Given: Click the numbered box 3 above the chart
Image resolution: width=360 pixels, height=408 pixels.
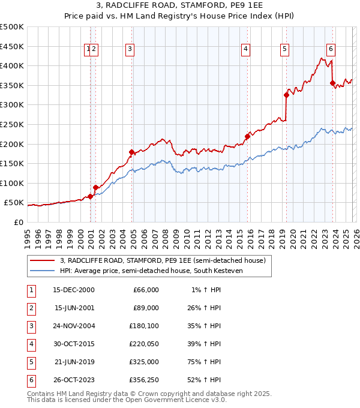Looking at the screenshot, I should tap(130, 50).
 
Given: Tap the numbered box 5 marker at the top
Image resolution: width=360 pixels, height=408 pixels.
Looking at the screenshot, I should tap(284, 50).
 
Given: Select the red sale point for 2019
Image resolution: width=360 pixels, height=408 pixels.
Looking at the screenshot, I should tap(286, 95).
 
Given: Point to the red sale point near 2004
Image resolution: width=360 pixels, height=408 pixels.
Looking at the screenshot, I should tap(132, 152).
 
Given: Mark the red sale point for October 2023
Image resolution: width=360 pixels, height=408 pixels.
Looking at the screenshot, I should tap(332, 83).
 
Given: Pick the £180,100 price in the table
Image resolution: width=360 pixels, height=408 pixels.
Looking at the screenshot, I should tap(144, 326).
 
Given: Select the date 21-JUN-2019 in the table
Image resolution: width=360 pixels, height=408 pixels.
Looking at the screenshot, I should tap(74, 363).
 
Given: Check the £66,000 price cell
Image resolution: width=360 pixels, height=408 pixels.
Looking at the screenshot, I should tap(146, 290).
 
